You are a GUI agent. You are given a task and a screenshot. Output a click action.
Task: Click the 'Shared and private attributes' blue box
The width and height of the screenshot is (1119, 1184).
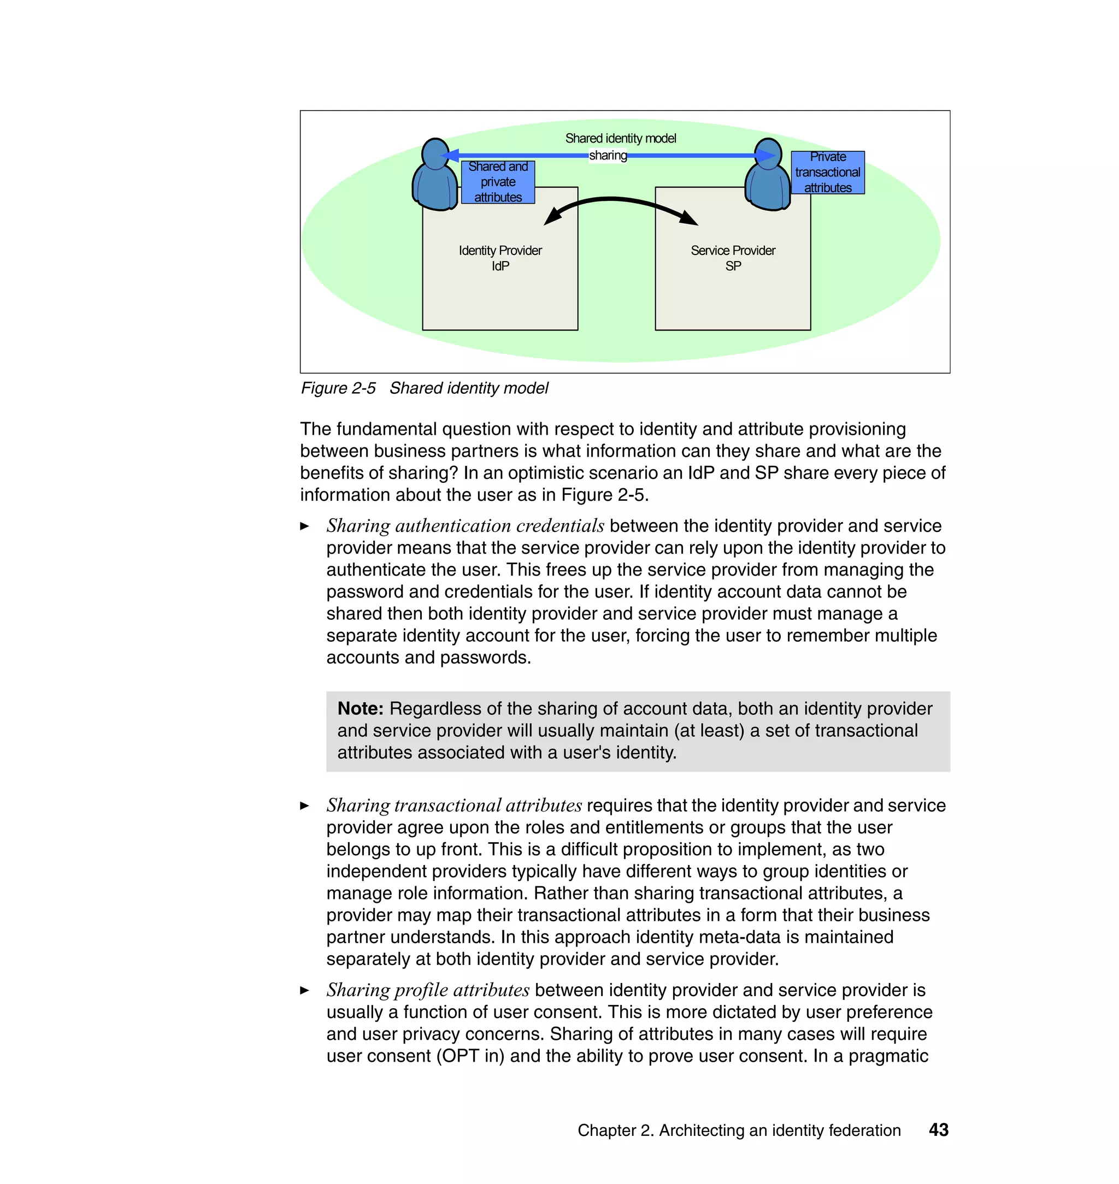pyautogui.click(x=498, y=182)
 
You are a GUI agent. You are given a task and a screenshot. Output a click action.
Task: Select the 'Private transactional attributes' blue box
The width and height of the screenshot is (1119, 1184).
pyautogui.click(x=827, y=172)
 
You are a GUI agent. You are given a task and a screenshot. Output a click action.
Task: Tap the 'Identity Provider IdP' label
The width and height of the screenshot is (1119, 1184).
pyautogui.click(x=500, y=258)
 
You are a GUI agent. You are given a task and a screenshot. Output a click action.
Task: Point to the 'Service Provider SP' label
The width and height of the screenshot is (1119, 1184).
pyautogui.click(x=733, y=258)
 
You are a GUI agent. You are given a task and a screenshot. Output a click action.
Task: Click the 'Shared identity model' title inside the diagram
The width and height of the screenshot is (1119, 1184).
pyautogui.click(x=620, y=138)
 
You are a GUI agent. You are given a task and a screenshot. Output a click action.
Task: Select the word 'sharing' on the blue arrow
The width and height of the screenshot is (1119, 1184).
pyautogui.click(x=608, y=156)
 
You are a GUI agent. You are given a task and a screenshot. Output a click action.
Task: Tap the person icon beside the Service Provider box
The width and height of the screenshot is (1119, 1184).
pyautogui.click(x=768, y=175)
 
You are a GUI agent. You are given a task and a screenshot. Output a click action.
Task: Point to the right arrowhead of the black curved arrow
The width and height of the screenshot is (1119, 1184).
pyautogui.click(x=690, y=218)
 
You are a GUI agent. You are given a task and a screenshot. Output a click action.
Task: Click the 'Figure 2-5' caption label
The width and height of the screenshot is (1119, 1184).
pyautogui.click(x=338, y=388)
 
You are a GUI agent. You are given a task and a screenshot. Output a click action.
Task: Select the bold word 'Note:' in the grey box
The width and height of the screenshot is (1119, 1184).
pyautogui.click(x=360, y=708)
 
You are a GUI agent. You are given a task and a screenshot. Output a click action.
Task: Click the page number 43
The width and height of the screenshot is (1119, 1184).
pyautogui.click(x=938, y=1130)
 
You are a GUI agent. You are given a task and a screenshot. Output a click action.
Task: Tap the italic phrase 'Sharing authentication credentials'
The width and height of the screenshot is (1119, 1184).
pyautogui.click(x=466, y=526)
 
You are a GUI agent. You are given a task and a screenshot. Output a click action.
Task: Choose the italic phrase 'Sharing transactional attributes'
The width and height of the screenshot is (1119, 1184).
pyautogui.click(x=454, y=806)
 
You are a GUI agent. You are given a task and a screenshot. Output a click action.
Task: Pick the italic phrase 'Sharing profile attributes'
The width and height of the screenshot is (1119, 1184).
pyautogui.click(x=428, y=990)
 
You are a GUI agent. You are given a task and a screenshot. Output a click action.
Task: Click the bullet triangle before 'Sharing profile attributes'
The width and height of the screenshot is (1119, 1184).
pyautogui.click(x=305, y=990)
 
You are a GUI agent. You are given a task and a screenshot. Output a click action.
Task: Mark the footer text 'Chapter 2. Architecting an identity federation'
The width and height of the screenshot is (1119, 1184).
pyautogui.click(x=739, y=1130)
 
